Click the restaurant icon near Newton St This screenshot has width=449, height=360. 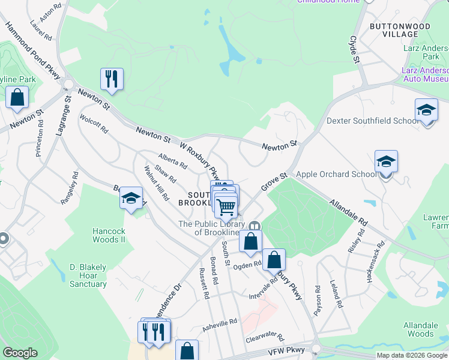(x=112, y=79)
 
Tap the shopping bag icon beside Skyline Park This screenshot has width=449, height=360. (x=17, y=97)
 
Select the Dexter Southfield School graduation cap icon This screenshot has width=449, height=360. (x=426, y=110)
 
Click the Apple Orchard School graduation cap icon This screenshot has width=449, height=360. (x=386, y=161)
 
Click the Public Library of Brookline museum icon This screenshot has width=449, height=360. (x=255, y=226)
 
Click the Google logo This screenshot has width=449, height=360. (x=20, y=353)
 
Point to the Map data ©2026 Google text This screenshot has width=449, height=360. (x=412, y=355)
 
